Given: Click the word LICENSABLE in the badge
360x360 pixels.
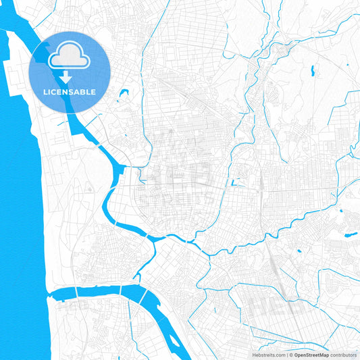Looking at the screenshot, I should click(x=70, y=91).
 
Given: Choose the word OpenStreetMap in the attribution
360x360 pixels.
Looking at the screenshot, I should click(x=311, y=354).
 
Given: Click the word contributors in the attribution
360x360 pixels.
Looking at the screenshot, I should click(x=343, y=354).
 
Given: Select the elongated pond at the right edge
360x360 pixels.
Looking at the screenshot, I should click(x=351, y=235).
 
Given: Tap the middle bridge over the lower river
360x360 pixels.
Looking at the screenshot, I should click(x=121, y=289).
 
